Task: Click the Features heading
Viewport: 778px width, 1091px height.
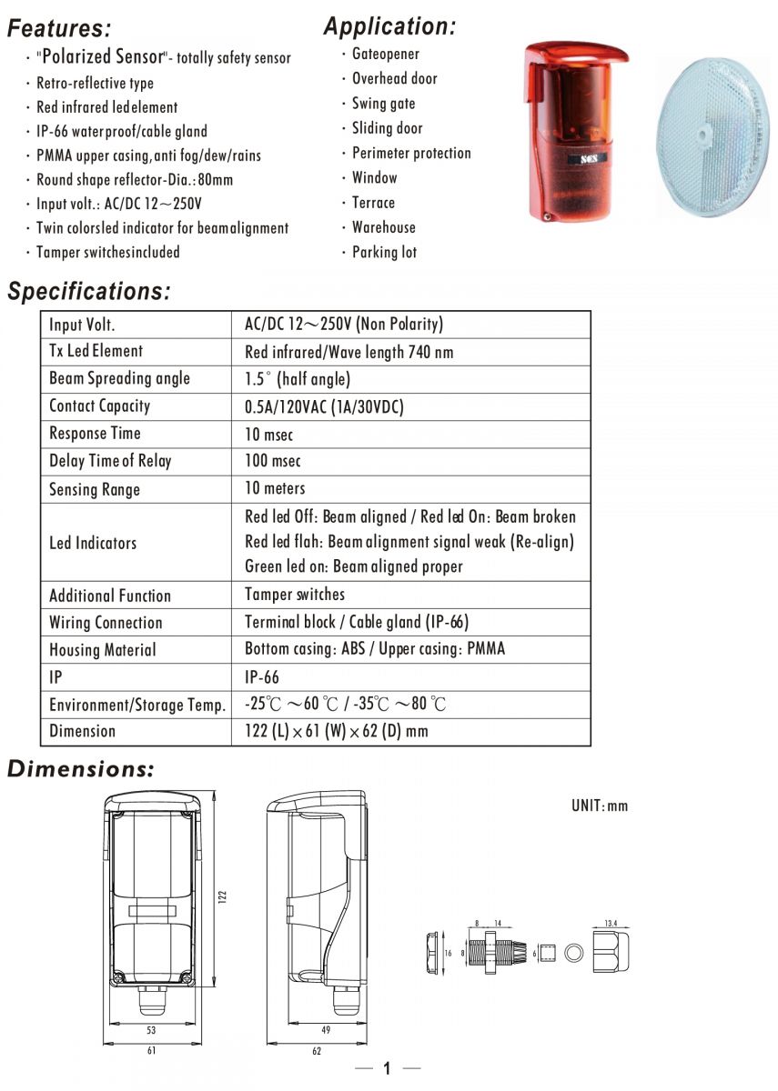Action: (x=59, y=28)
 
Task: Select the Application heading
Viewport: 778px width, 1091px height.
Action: (x=389, y=26)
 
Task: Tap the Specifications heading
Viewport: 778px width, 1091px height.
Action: (x=88, y=292)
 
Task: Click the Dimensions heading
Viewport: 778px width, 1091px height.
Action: (x=81, y=769)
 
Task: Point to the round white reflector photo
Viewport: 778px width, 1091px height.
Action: (x=714, y=137)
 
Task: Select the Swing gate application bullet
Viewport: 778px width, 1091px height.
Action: (x=383, y=104)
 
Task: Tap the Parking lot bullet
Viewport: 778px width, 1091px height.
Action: (x=384, y=252)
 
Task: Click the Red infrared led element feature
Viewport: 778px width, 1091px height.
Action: (x=106, y=106)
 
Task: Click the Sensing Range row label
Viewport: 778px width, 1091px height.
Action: (x=95, y=489)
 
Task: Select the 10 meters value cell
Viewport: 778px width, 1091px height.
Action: (x=275, y=489)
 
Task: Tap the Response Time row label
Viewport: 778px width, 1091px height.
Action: (x=95, y=434)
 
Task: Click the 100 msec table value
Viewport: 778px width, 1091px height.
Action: (x=272, y=461)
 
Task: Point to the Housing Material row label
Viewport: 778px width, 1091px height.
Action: (x=103, y=650)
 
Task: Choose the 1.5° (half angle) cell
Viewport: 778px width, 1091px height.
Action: (x=298, y=379)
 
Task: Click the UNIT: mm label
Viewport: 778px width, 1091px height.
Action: (x=599, y=806)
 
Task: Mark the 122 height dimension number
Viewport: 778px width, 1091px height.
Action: (x=223, y=896)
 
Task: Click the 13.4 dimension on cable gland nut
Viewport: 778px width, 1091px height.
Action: (x=610, y=924)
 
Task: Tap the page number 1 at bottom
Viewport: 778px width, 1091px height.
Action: (x=387, y=1068)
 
